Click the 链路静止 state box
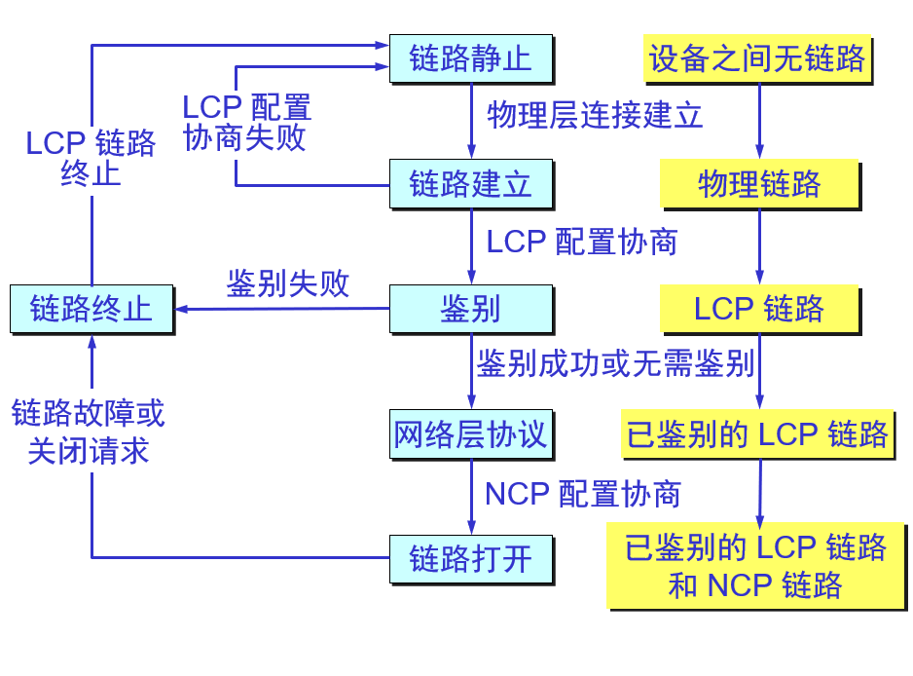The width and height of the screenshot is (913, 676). click(470, 58)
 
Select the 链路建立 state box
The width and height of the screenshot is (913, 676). click(470, 184)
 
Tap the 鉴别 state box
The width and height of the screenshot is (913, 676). click(470, 309)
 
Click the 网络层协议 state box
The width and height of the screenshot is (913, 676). click(470, 433)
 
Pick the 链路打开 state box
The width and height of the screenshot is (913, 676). click(470, 559)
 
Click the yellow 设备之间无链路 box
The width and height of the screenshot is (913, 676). click(757, 58)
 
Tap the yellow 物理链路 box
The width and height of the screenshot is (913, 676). click(759, 184)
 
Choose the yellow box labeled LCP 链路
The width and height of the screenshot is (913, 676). click(759, 309)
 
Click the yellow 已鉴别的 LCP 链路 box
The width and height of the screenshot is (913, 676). click(757, 433)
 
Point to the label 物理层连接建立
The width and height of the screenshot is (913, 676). click(595, 116)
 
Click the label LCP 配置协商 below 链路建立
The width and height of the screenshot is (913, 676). click(581, 242)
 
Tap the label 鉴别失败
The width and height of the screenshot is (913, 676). click(287, 283)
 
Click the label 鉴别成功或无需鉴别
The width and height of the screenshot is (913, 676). click(615, 364)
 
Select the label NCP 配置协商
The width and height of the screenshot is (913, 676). click(582, 493)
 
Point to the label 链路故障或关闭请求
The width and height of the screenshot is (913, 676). click(89, 432)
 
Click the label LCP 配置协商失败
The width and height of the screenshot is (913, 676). click(246, 122)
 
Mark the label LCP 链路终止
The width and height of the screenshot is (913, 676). click(91, 158)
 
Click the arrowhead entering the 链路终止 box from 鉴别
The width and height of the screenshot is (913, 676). click(182, 310)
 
